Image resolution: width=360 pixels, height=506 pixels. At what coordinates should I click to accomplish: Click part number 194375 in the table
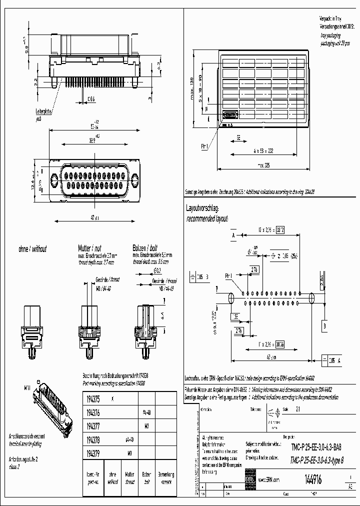pos(93,399)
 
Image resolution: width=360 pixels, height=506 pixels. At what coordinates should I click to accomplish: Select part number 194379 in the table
pos(93,453)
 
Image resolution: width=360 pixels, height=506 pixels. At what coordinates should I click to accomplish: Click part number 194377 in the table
pos(93,426)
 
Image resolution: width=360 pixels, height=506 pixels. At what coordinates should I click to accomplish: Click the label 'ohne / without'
pos(32,248)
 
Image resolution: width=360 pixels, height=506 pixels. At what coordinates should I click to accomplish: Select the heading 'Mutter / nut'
pos(90,248)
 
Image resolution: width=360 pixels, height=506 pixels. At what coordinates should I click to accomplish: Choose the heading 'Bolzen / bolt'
pos(145,248)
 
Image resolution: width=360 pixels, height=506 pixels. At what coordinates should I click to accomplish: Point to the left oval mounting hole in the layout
pos(230,298)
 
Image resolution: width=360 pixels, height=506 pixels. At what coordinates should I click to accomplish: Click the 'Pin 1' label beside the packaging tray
pos(204,146)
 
